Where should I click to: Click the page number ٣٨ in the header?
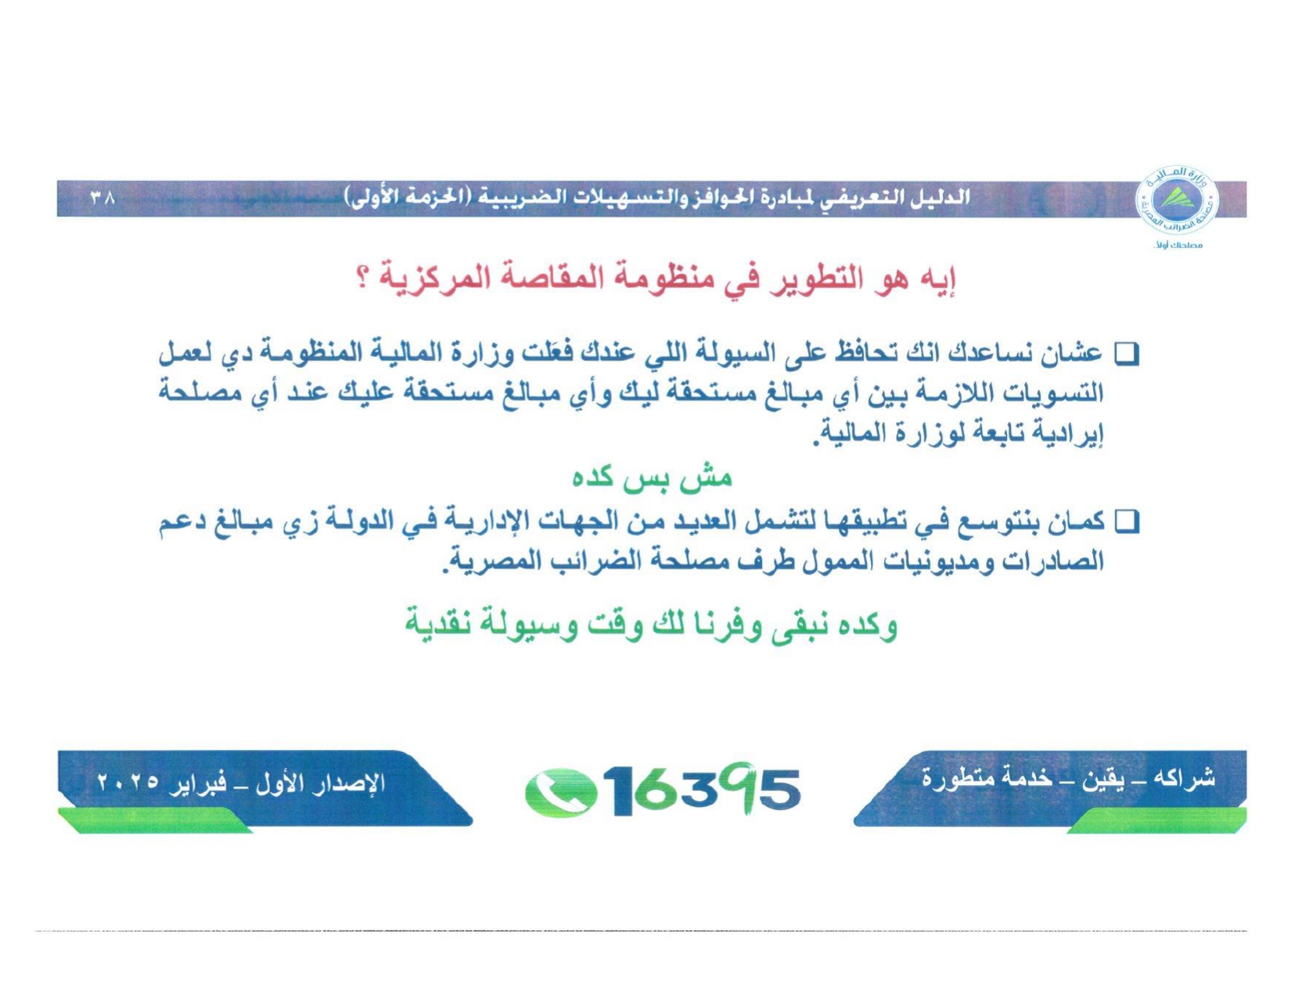[102, 196]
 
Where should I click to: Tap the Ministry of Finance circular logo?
[1176, 200]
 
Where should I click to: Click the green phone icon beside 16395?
[561, 791]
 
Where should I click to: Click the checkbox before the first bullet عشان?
[1125, 355]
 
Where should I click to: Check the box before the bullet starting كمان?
[1125, 522]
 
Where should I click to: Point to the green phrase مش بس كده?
[652, 477]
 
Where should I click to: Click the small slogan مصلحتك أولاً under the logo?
[1178, 245]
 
